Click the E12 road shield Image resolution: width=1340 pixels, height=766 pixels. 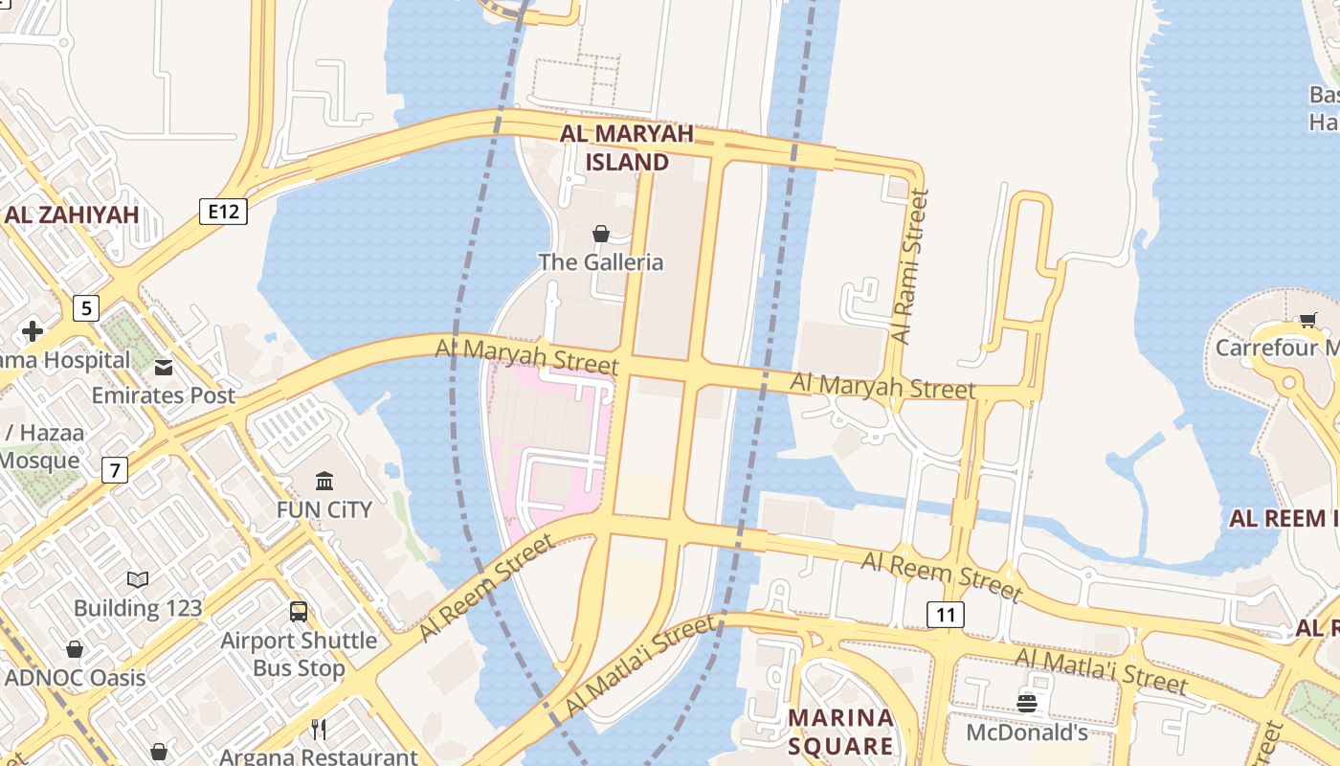tap(224, 211)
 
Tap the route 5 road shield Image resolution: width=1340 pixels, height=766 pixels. tap(86, 308)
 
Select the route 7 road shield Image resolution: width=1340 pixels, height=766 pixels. tap(114, 470)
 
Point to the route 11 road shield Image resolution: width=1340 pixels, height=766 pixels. tap(946, 615)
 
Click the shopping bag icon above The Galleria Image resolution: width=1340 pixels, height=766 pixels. tap(601, 234)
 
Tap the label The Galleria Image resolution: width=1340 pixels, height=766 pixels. tap(600, 262)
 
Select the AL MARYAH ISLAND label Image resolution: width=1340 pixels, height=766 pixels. tap(627, 147)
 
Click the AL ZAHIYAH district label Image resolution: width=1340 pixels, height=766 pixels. tap(72, 214)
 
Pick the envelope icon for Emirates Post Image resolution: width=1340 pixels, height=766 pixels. tap(164, 367)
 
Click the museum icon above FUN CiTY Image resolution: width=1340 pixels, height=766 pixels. tap(324, 481)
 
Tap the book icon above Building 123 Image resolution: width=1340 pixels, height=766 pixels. tap(138, 579)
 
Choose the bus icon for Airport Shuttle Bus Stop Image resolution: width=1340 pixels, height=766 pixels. tap(299, 611)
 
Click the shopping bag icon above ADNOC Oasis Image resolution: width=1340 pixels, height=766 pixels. tap(75, 649)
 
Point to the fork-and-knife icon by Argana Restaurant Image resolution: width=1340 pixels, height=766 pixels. tap(319, 730)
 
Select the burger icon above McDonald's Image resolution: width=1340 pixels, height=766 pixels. tap(1027, 704)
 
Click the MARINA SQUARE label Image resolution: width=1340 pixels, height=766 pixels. tap(840, 732)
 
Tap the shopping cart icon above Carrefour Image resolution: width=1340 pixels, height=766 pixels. tap(1307, 320)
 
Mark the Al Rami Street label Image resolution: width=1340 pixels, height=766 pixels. tap(910, 266)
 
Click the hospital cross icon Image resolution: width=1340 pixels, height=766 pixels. tap(33, 331)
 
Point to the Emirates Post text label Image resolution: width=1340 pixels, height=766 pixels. tap(164, 395)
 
